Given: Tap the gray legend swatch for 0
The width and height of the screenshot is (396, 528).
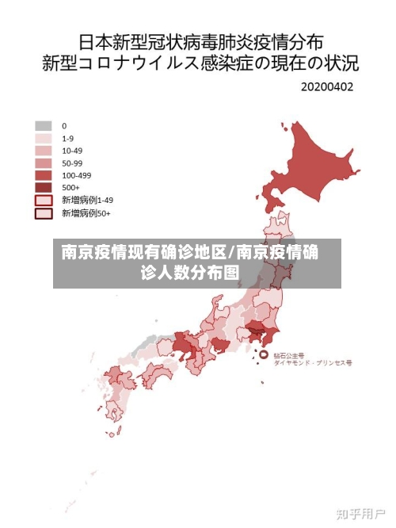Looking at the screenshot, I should click(44, 125).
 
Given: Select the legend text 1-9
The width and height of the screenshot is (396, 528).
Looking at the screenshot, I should click(68, 138).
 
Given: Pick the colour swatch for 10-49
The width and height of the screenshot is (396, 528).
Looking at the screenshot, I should click(44, 150).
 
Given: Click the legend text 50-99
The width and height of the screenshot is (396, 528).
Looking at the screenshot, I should click(72, 163).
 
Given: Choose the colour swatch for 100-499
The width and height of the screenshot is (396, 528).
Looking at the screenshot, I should click(44, 175).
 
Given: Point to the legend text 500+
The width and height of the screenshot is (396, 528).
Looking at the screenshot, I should click(70, 188).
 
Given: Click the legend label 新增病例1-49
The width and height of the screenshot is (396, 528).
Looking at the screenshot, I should click(87, 201).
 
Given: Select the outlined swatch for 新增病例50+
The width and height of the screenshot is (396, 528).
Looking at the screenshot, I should click(44, 213).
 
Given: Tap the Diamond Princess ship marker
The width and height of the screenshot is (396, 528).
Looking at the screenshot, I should click(265, 353).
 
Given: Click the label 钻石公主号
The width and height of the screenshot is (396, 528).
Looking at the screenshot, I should click(290, 355).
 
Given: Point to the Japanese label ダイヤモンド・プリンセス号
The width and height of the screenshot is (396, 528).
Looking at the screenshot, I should click(312, 362).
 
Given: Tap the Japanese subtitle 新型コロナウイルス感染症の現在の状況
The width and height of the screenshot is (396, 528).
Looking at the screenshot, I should click(198, 62).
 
